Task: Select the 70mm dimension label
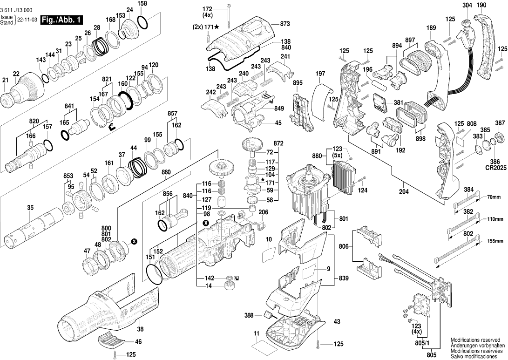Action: click(x=494, y=197)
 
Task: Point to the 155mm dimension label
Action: click(x=495, y=241)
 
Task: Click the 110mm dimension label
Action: click(x=495, y=219)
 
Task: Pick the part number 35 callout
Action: click(x=30, y=208)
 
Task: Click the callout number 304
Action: click(x=467, y=5)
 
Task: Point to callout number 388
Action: click(x=249, y=315)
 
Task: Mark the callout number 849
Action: click(x=279, y=109)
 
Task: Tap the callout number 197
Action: click(x=320, y=74)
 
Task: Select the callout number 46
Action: click(x=138, y=342)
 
